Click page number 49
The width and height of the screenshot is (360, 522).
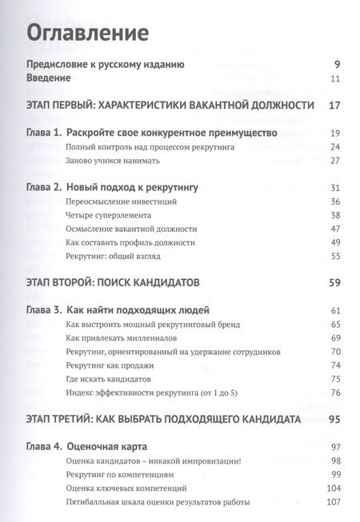coord(336,242)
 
